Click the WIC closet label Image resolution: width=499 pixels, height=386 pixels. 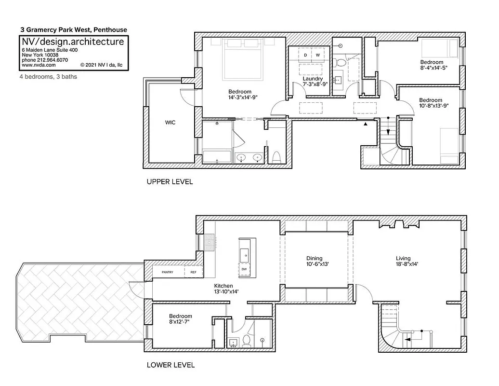[170, 123]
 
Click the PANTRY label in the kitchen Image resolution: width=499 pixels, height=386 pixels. [168, 273]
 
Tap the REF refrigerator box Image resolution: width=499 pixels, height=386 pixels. [194, 273]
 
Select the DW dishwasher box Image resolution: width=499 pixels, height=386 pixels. [244, 269]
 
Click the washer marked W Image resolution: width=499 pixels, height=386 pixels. [318, 55]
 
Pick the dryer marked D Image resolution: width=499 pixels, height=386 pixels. [305, 55]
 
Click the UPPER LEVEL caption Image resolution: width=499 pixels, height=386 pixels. [170, 182]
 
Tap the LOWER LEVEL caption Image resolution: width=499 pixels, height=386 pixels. [171, 365]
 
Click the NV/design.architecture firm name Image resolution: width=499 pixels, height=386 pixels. [73, 42]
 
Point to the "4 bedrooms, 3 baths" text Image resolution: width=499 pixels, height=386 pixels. [48, 77]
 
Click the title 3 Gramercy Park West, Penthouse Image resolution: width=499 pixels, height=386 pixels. [73, 29]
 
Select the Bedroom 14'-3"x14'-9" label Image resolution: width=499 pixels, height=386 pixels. [243, 95]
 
